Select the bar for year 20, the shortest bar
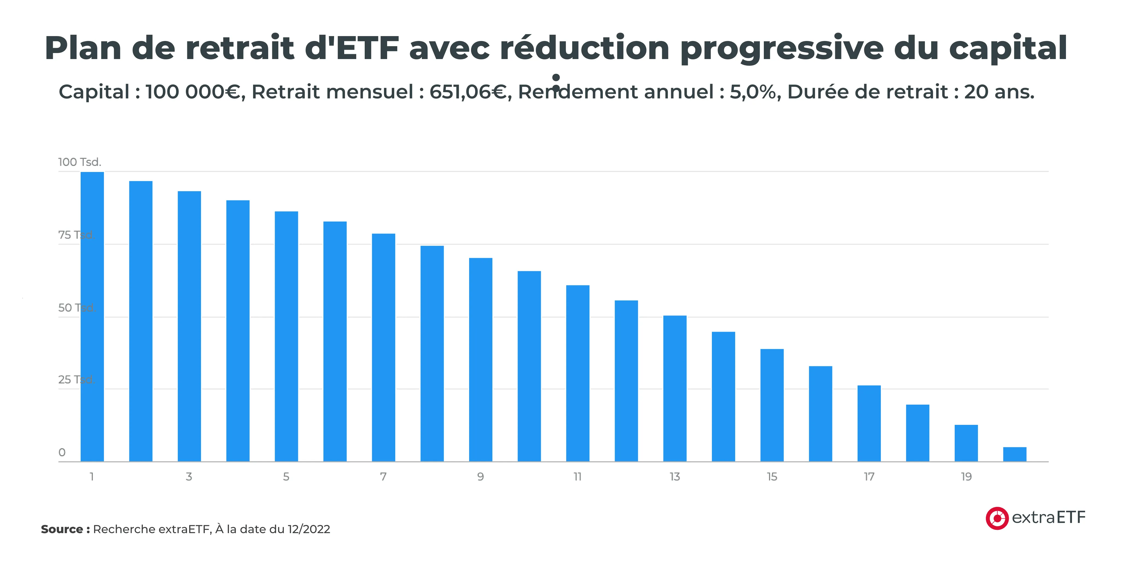[x=1014, y=454]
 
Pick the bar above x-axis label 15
[x=772, y=405]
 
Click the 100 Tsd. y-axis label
[x=80, y=162]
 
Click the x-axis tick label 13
[x=675, y=477]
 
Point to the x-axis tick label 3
[x=189, y=477]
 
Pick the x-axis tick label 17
[x=869, y=477]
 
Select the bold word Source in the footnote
[x=62, y=529]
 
